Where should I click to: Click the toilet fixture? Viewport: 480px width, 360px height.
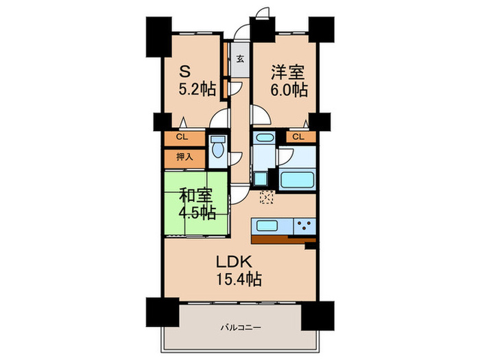pyautogui.click(x=219, y=149)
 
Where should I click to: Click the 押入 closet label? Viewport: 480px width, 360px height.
pyautogui.click(x=183, y=157)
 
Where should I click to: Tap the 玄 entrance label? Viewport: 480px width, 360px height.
pyautogui.click(x=241, y=58)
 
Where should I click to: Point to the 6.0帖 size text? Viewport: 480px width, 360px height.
pyautogui.click(x=288, y=90)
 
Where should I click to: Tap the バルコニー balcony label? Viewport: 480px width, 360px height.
pyautogui.click(x=240, y=328)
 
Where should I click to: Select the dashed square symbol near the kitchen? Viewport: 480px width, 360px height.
pyautogui.click(x=267, y=198)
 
